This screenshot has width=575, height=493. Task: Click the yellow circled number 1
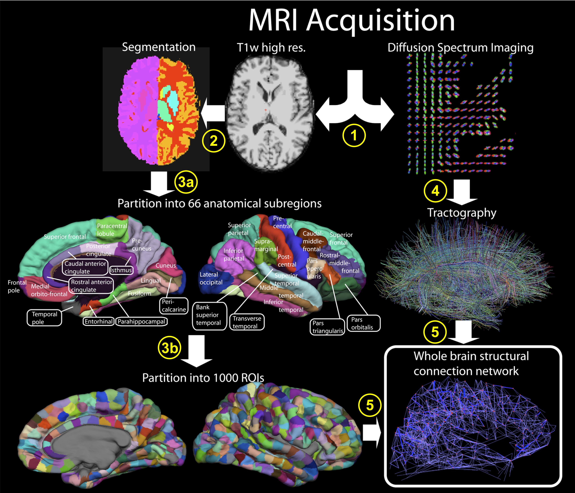pos(354,136)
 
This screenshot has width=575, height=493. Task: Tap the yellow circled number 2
pos(213,141)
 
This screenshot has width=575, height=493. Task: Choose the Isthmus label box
pos(121,270)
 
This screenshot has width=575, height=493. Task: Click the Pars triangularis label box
pos(327,327)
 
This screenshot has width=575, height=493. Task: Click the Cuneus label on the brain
pos(166,265)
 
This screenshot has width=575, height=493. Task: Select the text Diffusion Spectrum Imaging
pos(460,48)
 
